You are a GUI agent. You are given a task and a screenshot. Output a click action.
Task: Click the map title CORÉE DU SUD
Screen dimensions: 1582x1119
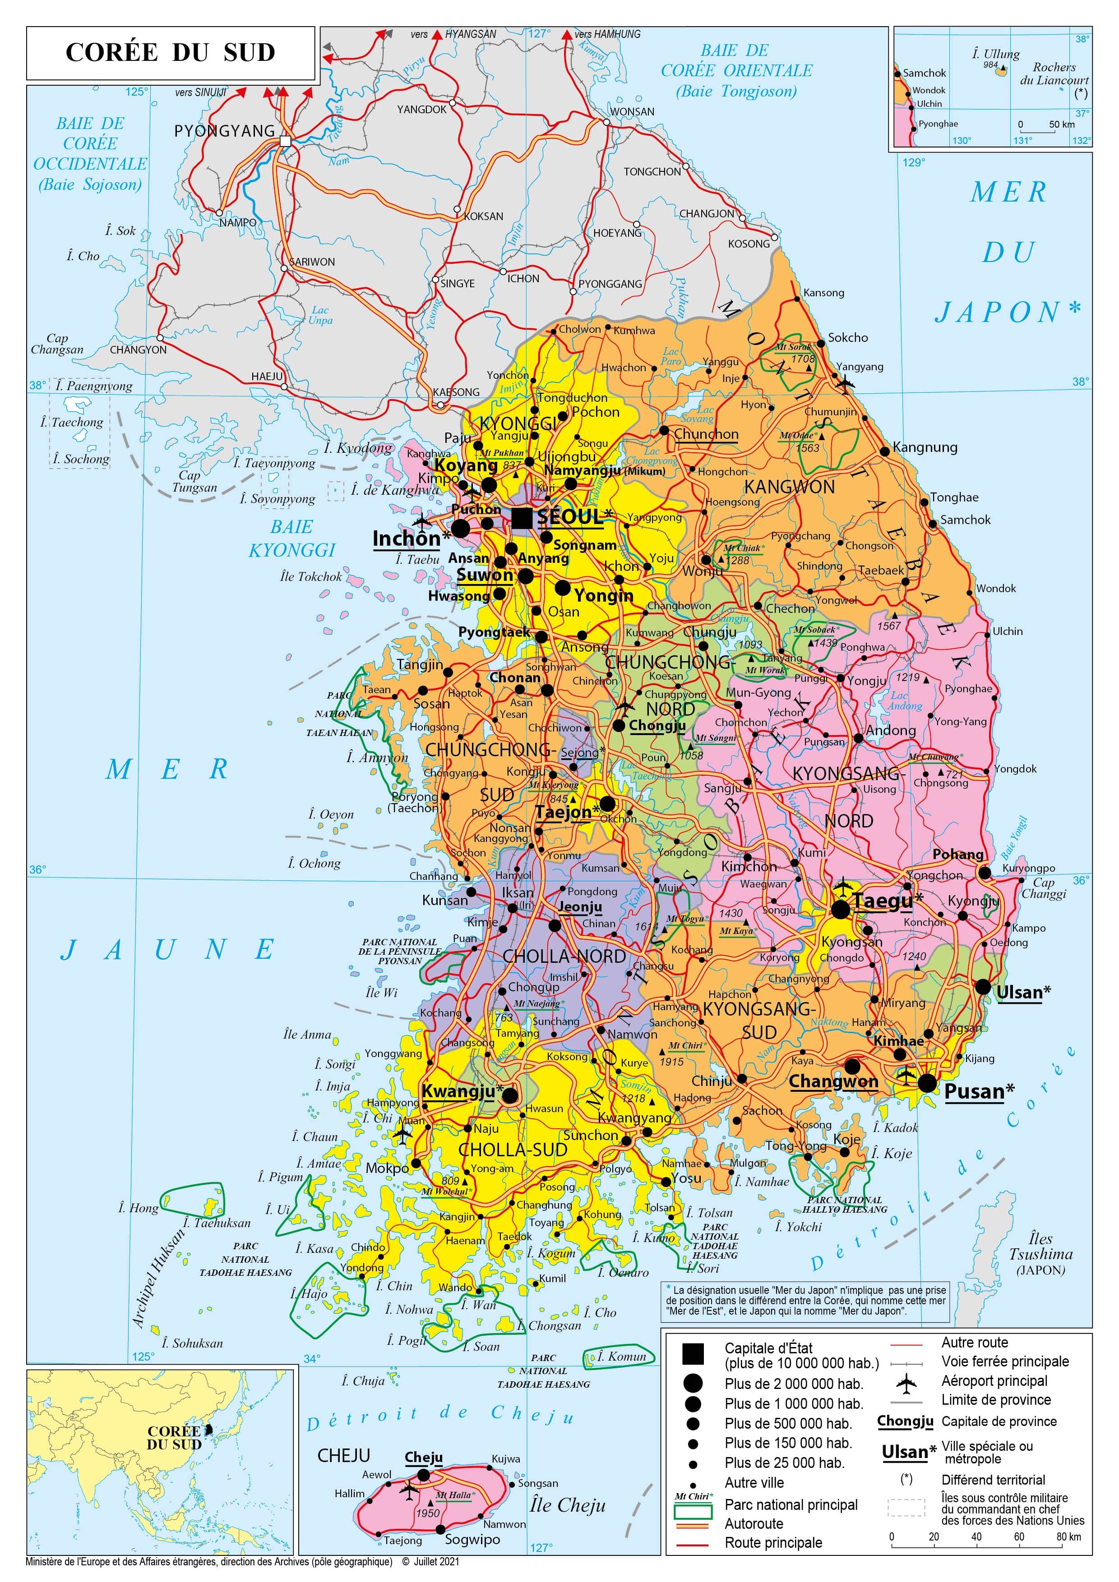(170, 52)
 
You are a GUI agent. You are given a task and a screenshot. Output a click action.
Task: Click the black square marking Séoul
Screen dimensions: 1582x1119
(522, 517)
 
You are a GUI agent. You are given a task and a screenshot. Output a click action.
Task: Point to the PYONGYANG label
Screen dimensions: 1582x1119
(224, 130)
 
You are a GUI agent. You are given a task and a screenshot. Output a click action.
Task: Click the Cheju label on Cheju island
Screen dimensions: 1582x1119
(423, 1457)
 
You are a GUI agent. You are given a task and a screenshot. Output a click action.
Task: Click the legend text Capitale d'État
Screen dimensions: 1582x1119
(768, 1348)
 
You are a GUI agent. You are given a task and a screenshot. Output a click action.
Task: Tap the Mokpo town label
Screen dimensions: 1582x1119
(386, 1168)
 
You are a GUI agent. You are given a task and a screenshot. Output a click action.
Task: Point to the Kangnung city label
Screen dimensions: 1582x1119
(925, 447)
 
